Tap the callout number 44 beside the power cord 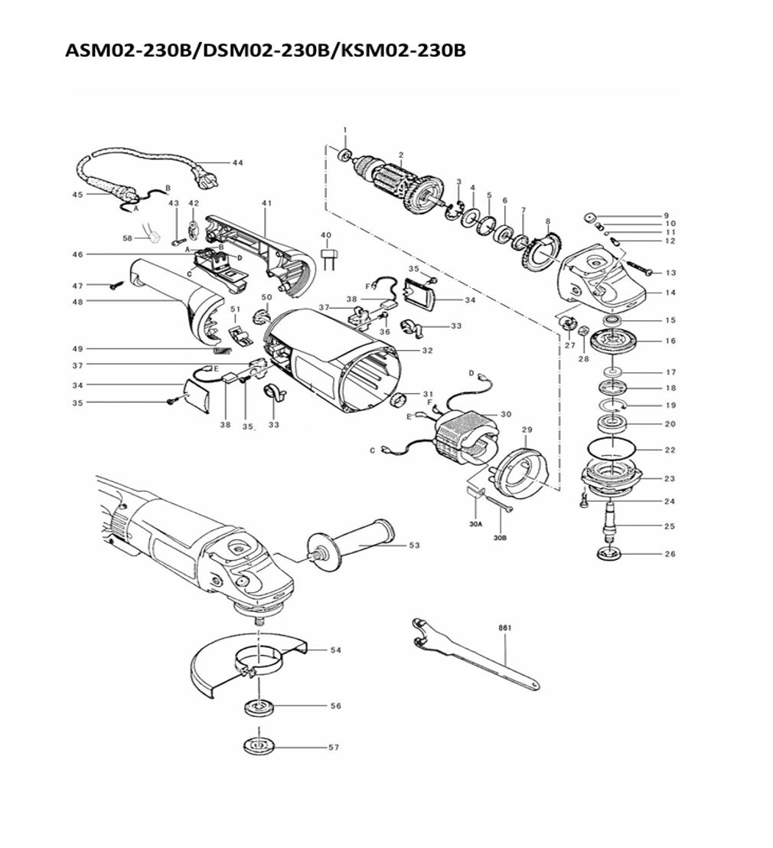tap(237, 163)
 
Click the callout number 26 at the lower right tap(670, 554)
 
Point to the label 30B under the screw tap(501, 538)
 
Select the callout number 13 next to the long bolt tap(670, 273)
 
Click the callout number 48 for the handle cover tap(78, 302)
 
